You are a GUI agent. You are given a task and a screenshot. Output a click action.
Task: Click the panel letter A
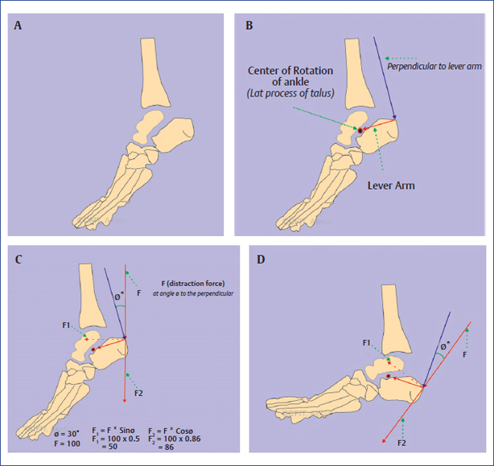click(19, 26)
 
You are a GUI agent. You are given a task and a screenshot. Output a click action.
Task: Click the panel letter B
click(249, 26)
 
